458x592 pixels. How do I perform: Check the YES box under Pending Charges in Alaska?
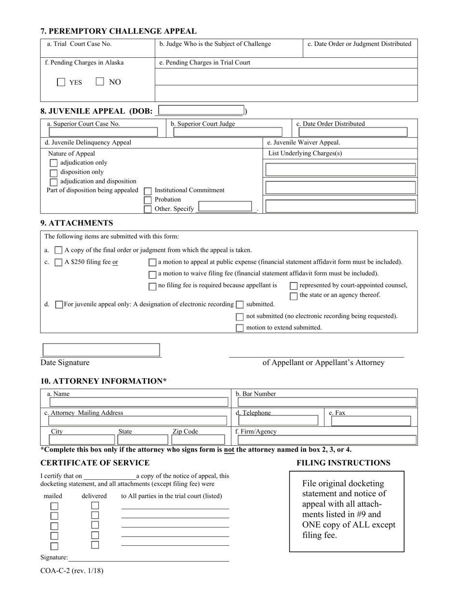[x=61, y=82]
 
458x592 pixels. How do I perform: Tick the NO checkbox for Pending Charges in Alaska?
[x=100, y=82]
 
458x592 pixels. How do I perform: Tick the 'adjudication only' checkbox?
[x=54, y=163]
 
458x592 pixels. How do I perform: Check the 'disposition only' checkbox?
[x=54, y=172]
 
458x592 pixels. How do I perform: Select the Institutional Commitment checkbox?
[x=148, y=191]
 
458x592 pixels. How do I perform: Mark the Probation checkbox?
[x=148, y=200]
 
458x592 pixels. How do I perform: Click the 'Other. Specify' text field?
[x=225, y=208]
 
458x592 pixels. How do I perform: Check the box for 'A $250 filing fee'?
[x=58, y=262]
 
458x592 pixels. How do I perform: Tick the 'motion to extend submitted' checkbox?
[x=240, y=328]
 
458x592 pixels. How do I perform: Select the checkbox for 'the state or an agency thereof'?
[x=294, y=296]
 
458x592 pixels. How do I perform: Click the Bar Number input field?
[x=325, y=402]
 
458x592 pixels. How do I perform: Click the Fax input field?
[x=371, y=421]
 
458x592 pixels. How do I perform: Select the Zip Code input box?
[x=198, y=439]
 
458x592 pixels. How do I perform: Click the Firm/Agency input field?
[x=325, y=439]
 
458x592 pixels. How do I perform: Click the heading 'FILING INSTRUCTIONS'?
[x=343, y=463]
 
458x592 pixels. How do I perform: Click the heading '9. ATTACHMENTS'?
[x=77, y=223]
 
